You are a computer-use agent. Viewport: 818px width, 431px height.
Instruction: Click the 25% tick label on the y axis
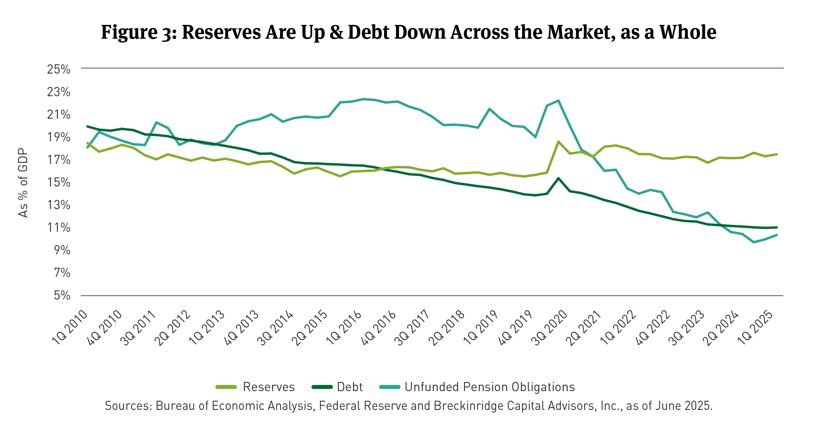pyautogui.click(x=59, y=69)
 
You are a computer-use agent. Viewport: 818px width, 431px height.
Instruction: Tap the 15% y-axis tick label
pyautogui.click(x=59, y=182)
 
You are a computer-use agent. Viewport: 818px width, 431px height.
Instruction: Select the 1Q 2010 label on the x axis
pyautogui.click(x=70, y=328)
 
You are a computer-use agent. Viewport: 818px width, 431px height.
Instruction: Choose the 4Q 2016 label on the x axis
pyautogui.click(x=379, y=328)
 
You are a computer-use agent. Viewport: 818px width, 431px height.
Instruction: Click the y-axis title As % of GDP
pyautogui.click(x=23, y=182)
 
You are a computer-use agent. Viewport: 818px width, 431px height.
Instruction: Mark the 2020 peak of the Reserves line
pyautogui.click(x=558, y=141)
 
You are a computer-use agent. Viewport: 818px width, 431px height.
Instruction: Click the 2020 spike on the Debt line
pyautogui.click(x=558, y=178)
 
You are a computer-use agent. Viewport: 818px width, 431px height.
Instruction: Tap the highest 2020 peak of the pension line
pyautogui.click(x=558, y=100)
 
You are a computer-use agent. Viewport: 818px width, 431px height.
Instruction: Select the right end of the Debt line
pyautogui.click(x=777, y=227)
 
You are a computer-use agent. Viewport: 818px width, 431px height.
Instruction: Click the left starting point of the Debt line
pyautogui.click(x=87, y=126)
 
